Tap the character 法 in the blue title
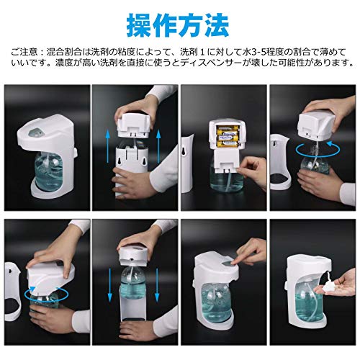(216, 25)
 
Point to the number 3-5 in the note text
(261, 52)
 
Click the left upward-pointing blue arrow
(108, 146)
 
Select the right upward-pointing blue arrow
(158, 146)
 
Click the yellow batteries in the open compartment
(228, 136)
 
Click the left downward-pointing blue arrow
(110, 285)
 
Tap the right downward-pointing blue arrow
(157, 285)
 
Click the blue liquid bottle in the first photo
(48, 171)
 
